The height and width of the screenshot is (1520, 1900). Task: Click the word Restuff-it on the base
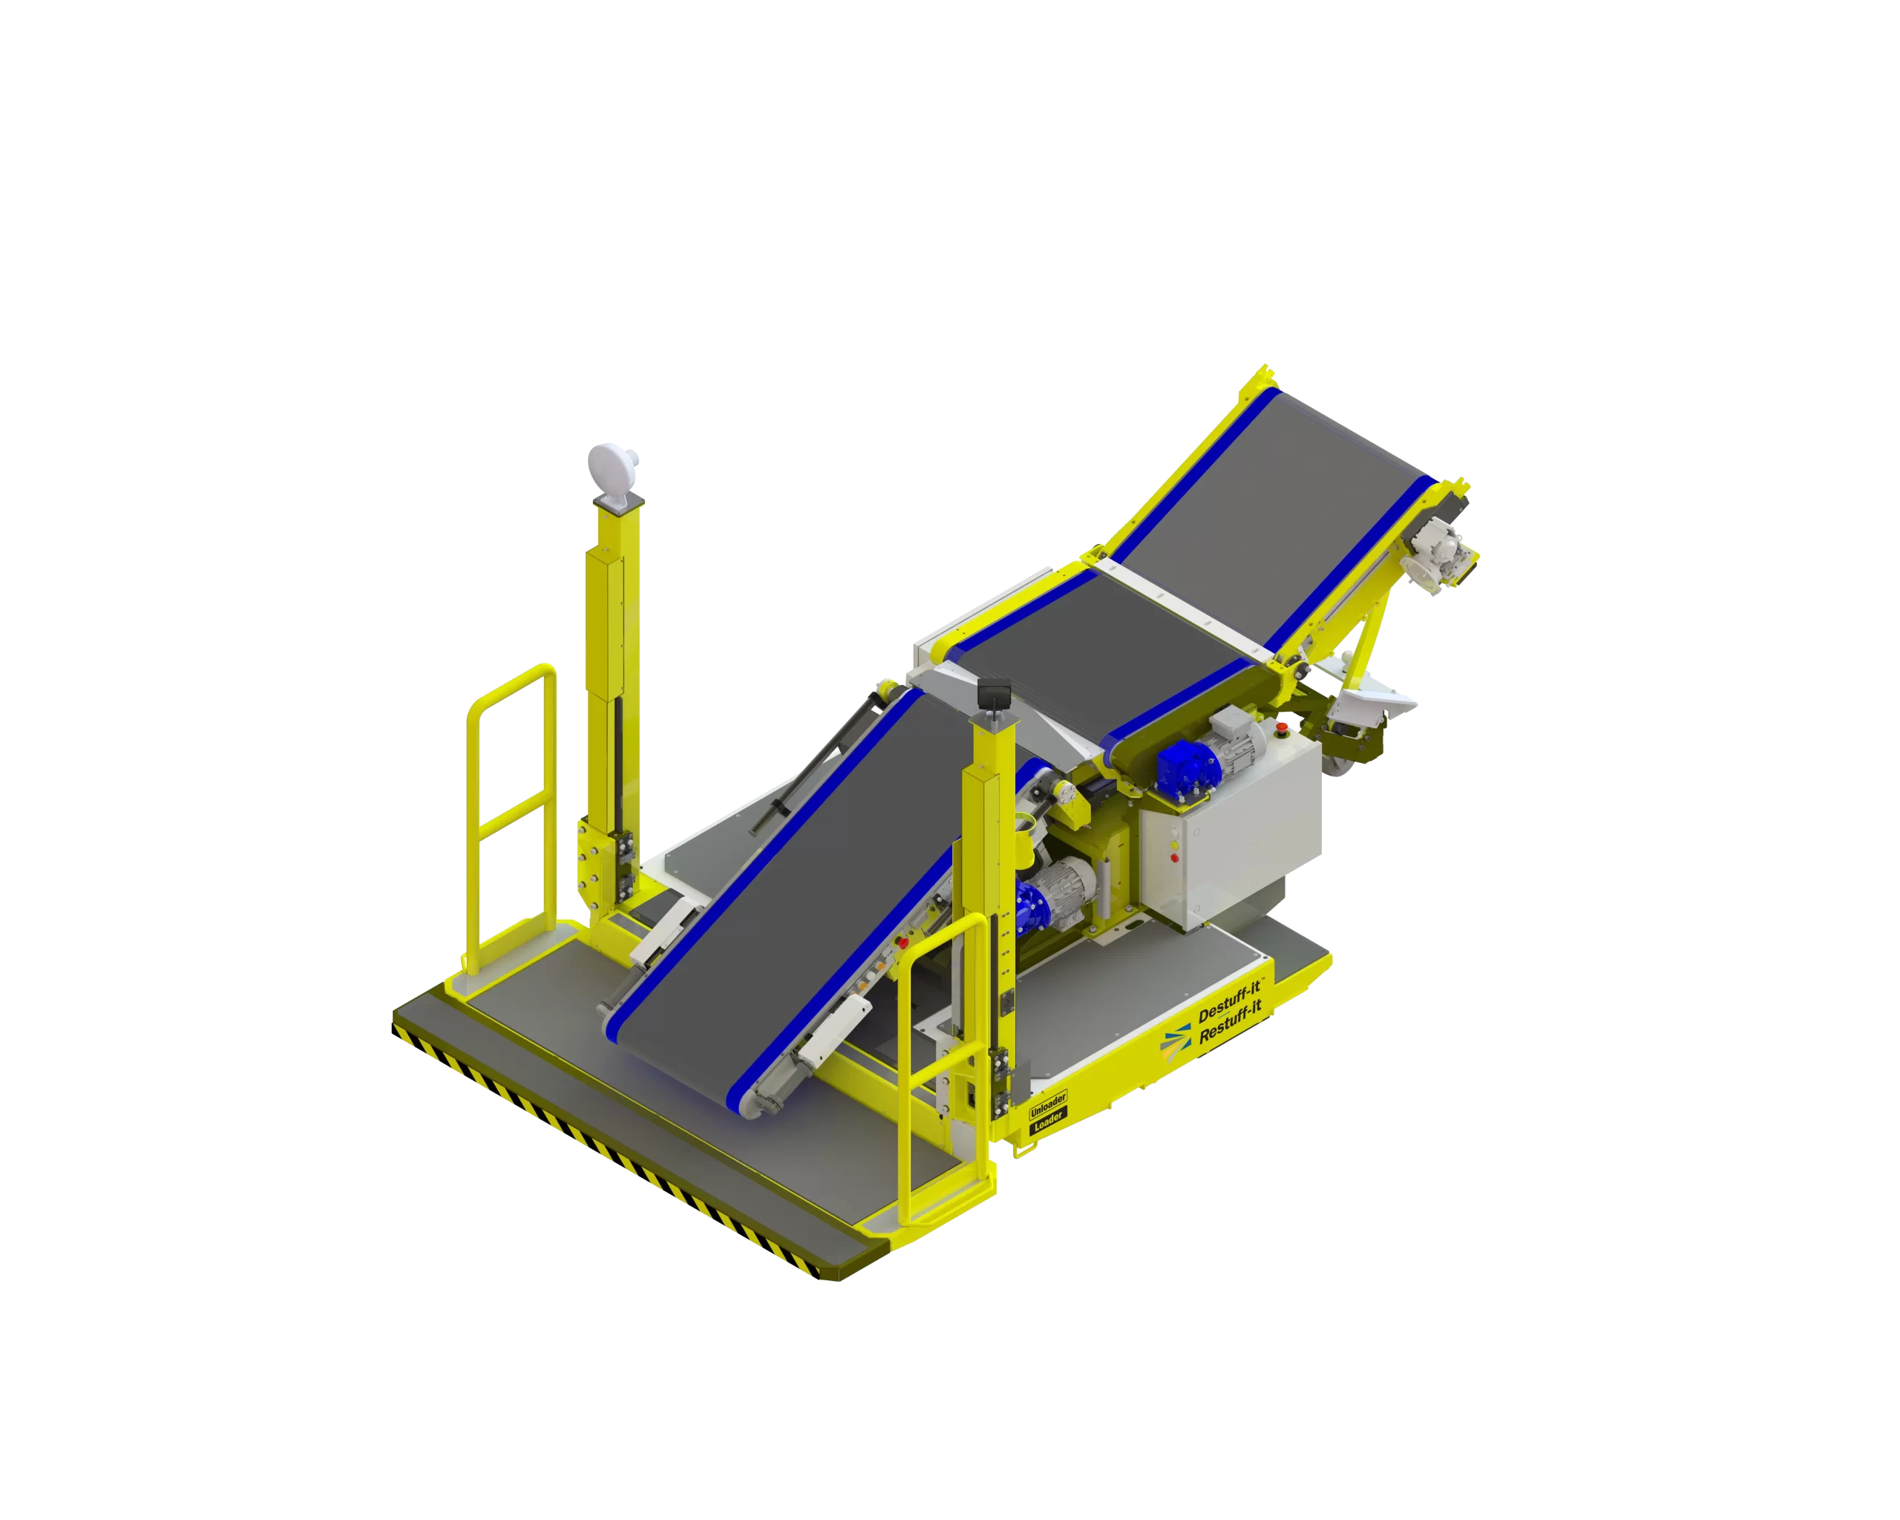pyautogui.click(x=1231, y=1022)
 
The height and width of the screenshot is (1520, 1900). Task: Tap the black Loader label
pyautogui.click(x=1049, y=1121)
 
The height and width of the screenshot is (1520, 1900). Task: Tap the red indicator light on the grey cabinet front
pyautogui.click(x=1175, y=858)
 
